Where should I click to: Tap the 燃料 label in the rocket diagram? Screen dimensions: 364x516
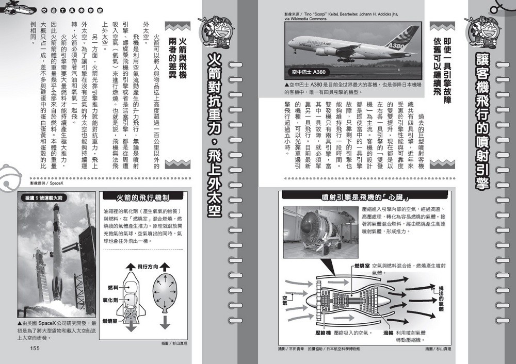coord(113,287)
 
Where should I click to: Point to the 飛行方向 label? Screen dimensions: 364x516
coord(149,267)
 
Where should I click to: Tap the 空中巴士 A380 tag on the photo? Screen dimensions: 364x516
coord(309,72)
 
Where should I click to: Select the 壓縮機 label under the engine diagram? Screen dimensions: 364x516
coord(322,333)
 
